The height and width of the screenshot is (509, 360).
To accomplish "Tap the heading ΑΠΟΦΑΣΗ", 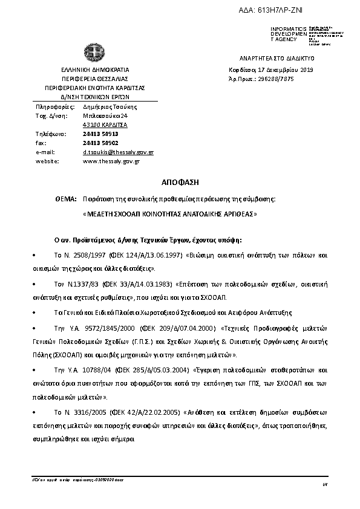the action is click(180, 182).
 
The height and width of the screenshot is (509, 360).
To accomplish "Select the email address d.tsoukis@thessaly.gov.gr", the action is click(117, 152).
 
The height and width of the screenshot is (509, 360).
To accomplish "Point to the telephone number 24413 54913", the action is click(100, 134).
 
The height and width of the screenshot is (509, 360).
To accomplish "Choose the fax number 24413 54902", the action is click(100, 143).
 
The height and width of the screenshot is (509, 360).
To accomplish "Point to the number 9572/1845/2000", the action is click(97, 327).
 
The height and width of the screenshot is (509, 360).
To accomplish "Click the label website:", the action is click(47, 162).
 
